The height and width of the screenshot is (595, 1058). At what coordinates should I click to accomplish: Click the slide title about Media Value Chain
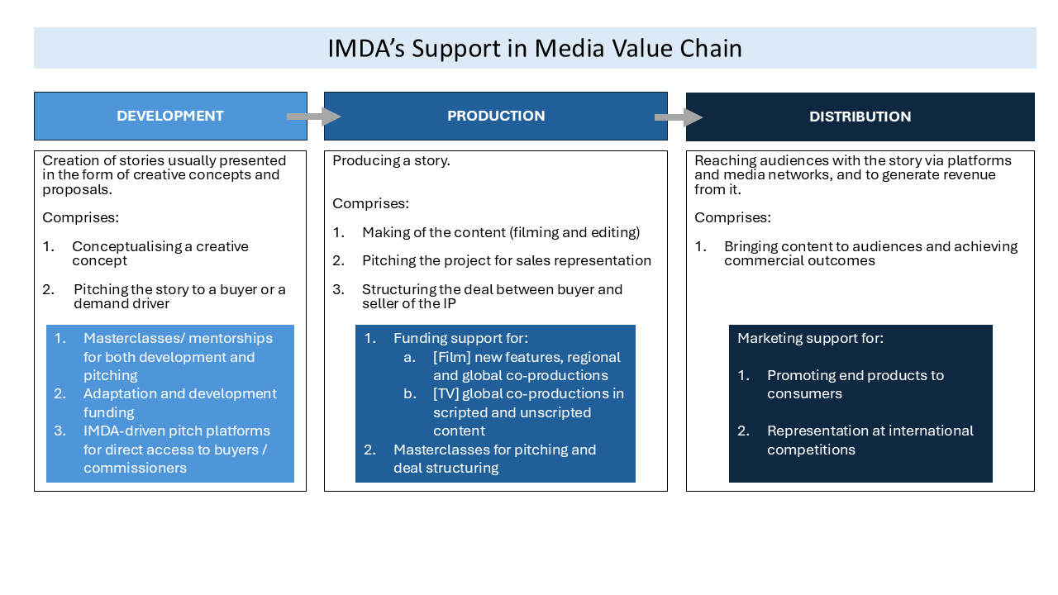coord(534,49)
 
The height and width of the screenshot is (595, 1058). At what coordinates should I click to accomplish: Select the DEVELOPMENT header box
coord(170,116)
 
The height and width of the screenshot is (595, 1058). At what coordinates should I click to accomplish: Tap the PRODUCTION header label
coord(496,116)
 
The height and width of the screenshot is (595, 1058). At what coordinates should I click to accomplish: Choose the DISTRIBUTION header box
coord(860,117)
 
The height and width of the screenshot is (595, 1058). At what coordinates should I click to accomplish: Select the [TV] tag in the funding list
coord(447,393)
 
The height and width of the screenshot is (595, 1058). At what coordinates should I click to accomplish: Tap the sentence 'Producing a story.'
coord(391,161)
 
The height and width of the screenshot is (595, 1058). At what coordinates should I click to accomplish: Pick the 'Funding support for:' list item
coord(460,338)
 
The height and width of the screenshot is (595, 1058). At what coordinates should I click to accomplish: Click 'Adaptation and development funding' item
coord(179,402)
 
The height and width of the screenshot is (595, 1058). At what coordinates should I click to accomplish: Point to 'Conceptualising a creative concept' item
coord(160,253)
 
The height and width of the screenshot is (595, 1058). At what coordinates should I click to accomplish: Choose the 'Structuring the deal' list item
coord(492,296)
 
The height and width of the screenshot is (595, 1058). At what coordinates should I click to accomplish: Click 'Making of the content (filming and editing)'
coord(501,233)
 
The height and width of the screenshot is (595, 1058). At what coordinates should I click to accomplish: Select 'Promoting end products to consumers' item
coord(855,384)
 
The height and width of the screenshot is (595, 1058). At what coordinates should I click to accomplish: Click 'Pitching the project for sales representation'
coord(506,260)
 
